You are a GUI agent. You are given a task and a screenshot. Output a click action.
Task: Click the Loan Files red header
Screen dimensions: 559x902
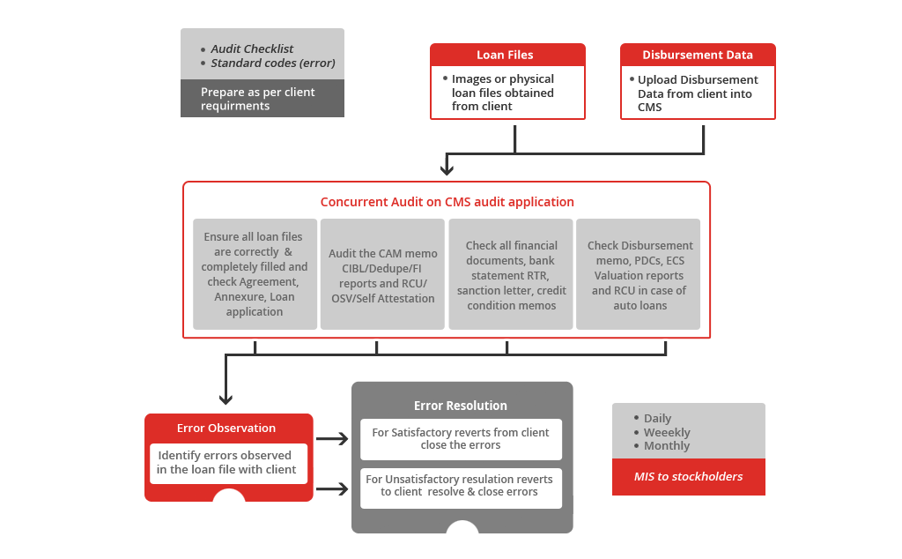[505, 55]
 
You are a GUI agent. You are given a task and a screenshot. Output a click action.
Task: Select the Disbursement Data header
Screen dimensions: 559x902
[697, 55]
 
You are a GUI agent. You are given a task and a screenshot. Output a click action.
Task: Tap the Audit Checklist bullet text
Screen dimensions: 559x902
[252, 49]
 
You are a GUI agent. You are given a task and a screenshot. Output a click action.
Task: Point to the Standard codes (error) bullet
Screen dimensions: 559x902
[272, 63]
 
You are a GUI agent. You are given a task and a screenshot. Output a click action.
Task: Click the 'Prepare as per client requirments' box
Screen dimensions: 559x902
[262, 99]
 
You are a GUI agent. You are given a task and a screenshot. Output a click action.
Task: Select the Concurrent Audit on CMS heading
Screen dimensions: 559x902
[447, 202]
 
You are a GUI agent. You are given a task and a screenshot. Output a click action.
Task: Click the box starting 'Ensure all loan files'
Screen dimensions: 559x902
[255, 274]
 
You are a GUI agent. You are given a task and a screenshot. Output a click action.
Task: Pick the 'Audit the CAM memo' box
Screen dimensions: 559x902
[382, 275]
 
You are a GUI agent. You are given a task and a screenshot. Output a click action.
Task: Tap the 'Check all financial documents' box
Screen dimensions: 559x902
[511, 275]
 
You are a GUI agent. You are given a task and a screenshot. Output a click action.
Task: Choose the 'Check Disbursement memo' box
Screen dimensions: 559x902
[639, 275]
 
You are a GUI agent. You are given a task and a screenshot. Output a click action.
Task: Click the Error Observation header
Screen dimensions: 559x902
[226, 429]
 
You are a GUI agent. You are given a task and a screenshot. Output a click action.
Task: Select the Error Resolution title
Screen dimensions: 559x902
[461, 406]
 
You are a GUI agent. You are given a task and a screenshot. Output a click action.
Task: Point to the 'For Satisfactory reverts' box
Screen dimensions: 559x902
[461, 439]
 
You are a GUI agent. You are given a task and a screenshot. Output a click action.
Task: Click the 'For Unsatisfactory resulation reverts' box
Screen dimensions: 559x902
[461, 486]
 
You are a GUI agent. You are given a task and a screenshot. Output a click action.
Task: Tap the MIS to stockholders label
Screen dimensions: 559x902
[688, 477]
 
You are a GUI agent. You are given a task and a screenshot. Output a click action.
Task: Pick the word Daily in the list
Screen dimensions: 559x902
[657, 419]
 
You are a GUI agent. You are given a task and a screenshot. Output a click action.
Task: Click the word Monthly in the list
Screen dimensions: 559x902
[667, 446]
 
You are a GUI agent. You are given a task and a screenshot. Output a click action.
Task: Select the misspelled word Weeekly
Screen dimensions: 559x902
[667, 433]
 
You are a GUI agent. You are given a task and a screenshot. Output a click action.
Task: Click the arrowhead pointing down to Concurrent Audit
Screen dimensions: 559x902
[447, 168]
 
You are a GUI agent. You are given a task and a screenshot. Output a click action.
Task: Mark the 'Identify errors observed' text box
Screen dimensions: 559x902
[227, 463]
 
